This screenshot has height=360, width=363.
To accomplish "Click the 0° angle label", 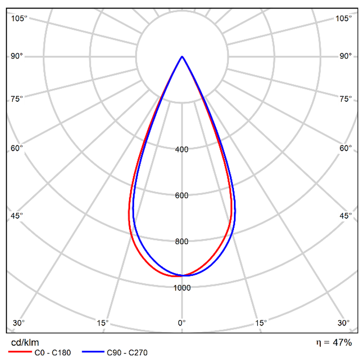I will [182, 323].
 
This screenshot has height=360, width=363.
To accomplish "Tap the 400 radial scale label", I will [182, 149].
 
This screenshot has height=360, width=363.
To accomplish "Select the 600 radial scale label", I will [182, 196].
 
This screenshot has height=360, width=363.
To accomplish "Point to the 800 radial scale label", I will [182, 242].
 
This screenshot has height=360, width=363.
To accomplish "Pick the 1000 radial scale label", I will [182, 288].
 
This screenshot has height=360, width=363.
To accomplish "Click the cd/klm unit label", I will [25, 343].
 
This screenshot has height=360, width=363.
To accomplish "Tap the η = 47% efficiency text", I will [334, 343].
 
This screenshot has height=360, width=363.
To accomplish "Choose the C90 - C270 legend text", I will [127, 353].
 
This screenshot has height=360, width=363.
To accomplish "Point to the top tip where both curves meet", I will [182, 56].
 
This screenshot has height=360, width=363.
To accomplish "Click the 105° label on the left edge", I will [19, 19].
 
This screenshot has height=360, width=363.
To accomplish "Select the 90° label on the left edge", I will [17, 56].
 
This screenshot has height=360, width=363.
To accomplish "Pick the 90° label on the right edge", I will [345, 56].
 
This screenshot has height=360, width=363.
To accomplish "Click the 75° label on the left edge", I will [17, 99].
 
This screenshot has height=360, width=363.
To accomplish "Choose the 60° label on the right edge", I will [345, 148].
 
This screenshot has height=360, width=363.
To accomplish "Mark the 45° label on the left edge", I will [17, 216].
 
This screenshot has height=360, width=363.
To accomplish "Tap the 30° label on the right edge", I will [344, 323].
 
